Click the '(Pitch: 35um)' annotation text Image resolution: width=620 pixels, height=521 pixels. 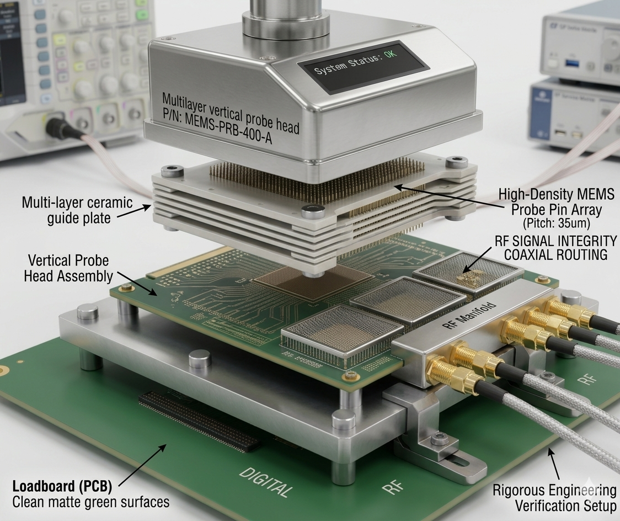(x=555, y=224)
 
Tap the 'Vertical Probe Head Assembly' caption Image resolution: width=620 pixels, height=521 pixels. (x=68, y=268)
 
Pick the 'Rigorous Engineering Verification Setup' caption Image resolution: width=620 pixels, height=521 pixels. (x=554, y=497)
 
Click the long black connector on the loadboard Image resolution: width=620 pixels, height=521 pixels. (x=199, y=419)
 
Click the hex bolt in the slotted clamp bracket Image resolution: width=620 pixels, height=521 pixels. (x=439, y=438)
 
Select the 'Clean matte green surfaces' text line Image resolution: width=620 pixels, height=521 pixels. (x=90, y=503)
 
